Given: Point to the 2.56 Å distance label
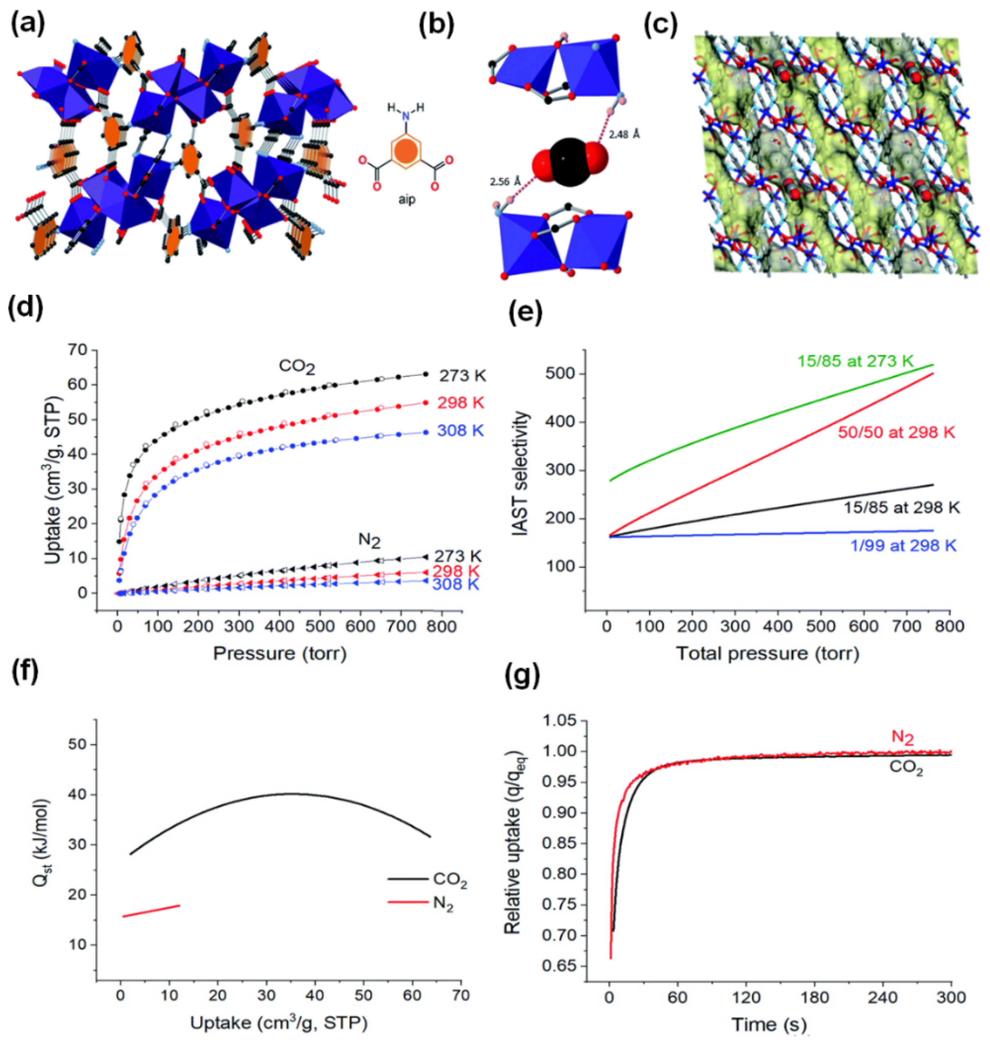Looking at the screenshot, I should (504, 182).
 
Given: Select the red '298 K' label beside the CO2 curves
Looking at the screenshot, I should (460, 403).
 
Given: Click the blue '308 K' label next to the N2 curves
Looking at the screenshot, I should (455, 584).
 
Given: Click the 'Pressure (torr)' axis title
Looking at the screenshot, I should (280, 654).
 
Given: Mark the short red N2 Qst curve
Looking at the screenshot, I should (150, 910).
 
